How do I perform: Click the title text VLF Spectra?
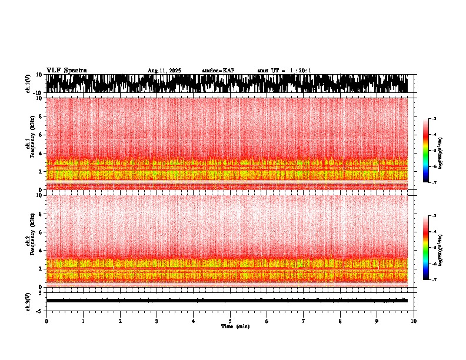coord(66,71)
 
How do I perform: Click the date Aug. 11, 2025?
coord(164,71)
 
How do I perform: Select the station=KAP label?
coord(218,71)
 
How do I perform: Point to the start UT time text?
coord(284,71)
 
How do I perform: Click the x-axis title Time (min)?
coord(235,326)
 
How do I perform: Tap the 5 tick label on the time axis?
coord(230,321)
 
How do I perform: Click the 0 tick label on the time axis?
coord(46,321)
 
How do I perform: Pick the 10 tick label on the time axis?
coord(414,321)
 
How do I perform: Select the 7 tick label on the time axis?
coord(304,321)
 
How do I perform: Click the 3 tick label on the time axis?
coord(157,321)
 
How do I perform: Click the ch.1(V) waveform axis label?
coord(28,84)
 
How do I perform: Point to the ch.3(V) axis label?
coord(28,300)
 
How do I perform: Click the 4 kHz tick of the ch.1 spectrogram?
coord(41,153)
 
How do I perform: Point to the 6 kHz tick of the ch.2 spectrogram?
coord(41,232)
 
